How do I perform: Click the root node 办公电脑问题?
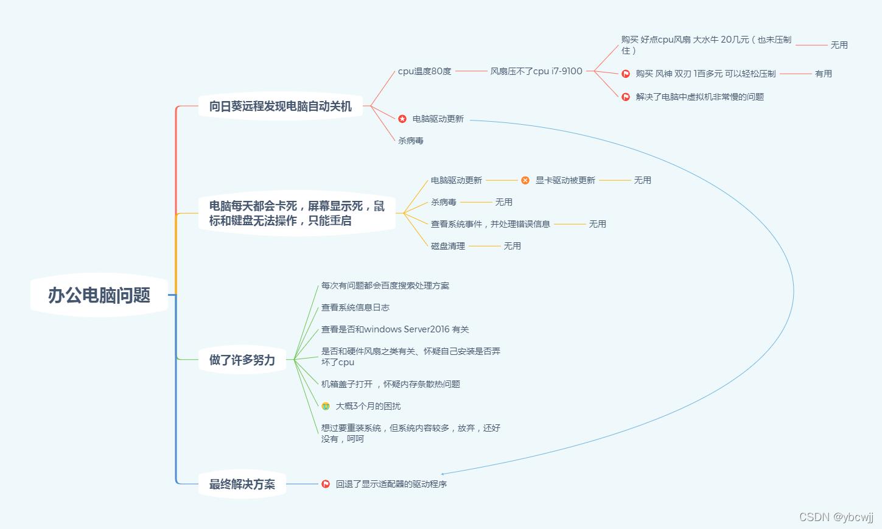click(99, 295)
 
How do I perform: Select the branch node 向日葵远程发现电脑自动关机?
click(280, 107)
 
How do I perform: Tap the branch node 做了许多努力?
click(242, 360)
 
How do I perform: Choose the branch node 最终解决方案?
click(242, 484)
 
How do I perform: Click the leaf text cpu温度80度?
click(424, 71)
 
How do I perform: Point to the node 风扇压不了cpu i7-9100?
click(536, 71)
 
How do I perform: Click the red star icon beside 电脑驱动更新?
click(402, 119)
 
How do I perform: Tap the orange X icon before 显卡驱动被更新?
click(525, 180)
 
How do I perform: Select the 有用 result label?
click(823, 74)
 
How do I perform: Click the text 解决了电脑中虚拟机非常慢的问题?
click(699, 97)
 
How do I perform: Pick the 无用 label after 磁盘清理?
click(512, 246)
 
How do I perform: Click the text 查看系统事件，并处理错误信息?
click(490, 224)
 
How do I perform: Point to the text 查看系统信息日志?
click(355, 307)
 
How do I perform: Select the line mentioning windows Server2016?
click(395, 329)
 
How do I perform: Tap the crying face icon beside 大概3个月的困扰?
click(326, 406)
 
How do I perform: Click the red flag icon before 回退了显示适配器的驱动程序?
click(326, 484)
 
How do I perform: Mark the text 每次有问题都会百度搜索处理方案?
click(385, 286)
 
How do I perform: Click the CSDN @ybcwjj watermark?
click(836, 517)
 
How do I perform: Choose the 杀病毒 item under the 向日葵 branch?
click(410, 141)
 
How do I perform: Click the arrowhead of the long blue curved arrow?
click(443, 474)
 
